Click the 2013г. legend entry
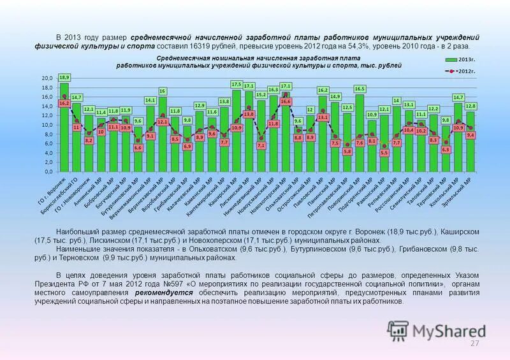463,59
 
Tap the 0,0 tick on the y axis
48,172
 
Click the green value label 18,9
64,76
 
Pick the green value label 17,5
237,84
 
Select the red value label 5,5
384,153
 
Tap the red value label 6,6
138,148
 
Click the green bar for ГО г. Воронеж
64,127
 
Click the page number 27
474,344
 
